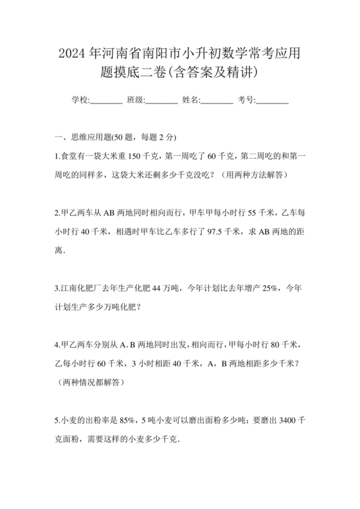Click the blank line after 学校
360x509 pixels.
tap(106, 100)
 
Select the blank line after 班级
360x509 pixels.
tap(162, 100)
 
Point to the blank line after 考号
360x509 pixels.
tap(273, 100)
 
